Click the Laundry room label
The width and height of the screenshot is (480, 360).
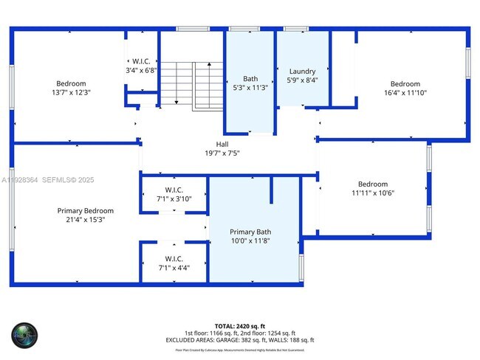(x=302, y=71)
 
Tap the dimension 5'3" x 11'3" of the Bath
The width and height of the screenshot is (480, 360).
(x=250, y=88)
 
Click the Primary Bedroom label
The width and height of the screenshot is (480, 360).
(x=86, y=210)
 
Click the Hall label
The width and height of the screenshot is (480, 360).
(x=222, y=144)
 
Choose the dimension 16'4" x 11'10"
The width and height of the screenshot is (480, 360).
(x=405, y=93)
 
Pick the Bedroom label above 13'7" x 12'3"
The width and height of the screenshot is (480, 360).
(x=71, y=83)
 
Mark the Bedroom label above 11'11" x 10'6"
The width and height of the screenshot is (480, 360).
(x=373, y=184)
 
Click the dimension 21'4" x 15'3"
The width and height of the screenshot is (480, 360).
(x=86, y=219)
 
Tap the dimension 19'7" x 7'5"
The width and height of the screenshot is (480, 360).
(x=222, y=153)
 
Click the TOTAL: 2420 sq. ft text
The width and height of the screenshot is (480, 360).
(x=239, y=325)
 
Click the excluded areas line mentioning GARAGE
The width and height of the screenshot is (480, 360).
(x=239, y=340)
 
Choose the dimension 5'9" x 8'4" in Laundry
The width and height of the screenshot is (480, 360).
(x=302, y=80)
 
